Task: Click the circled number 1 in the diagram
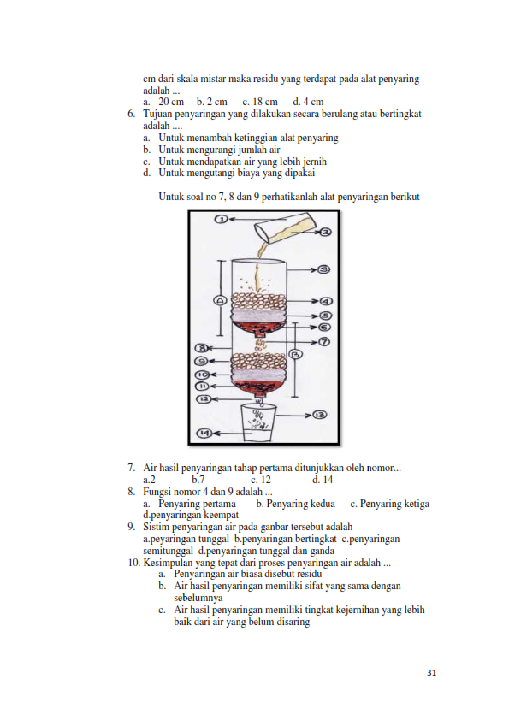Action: coord(222,220)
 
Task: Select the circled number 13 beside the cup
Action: coord(320,415)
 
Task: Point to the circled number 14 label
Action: coord(204,433)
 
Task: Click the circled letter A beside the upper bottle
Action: coord(221,300)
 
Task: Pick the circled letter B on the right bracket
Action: coord(296,354)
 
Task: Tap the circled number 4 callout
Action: coord(326,301)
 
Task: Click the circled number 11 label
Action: coord(203,386)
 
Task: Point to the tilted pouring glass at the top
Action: coord(286,227)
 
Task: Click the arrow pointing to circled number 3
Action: coord(303,269)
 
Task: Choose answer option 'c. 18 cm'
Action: coord(260,102)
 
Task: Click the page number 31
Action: coord(431,673)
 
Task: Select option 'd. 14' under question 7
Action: coord(323,480)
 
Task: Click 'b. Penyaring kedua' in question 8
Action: coord(295,504)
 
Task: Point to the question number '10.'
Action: coord(134,563)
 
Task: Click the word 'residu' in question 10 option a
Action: coord(309,574)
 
